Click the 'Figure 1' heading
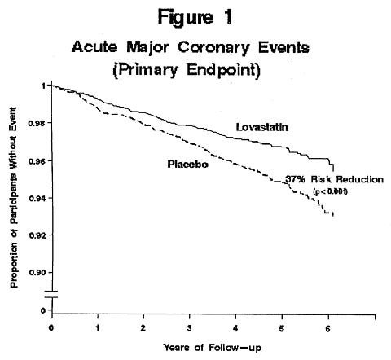pyautogui.click(x=195, y=17)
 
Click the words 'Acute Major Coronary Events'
pyautogui.click(x=191, y=48)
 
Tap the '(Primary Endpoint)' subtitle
pyautogui.click(x=187, y=70)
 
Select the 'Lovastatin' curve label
pyautogui.click(x=262, y=127)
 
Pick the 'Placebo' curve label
pyautogui.click(x=187, y=165)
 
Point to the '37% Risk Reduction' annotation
pyautogui.click(x=334, y=179)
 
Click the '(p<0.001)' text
pyautogui.click(x=330, y=191)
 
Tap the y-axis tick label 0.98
pyautogui.click(x=37, y=123)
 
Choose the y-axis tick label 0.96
pyautogui.click(x=37, y=161)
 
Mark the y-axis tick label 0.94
pyautogui.click(x=37, y=199)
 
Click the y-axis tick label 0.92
pyautogui.click(x=37, y=235)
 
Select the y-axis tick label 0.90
pyautogui.click(x=37, y=273)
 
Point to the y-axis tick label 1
pyautogui.click(x=43, y=86)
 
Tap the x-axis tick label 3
pyautogui.click(x=190, y=328)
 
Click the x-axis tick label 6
pyautogui.click(x=327, y=328)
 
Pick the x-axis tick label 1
pyautogui.click(x=98, y=328)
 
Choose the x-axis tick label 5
pyautogui.click(x=282, y=328)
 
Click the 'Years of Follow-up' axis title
pyautogui.click(x=213, y=348)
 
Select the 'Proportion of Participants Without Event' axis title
pyautogui.click(x=13, y=197)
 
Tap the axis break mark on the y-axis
pyautogui.click(x=51, y=294)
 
